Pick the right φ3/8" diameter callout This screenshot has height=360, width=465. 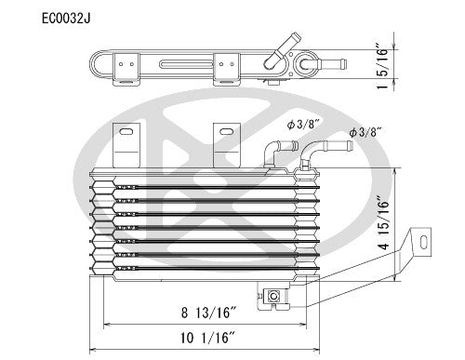tap(366, 133)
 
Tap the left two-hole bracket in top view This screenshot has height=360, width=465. tap(126, 68)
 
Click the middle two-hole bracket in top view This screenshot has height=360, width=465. tap(225, 68)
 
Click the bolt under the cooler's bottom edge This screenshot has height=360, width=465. tap(274, 296)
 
